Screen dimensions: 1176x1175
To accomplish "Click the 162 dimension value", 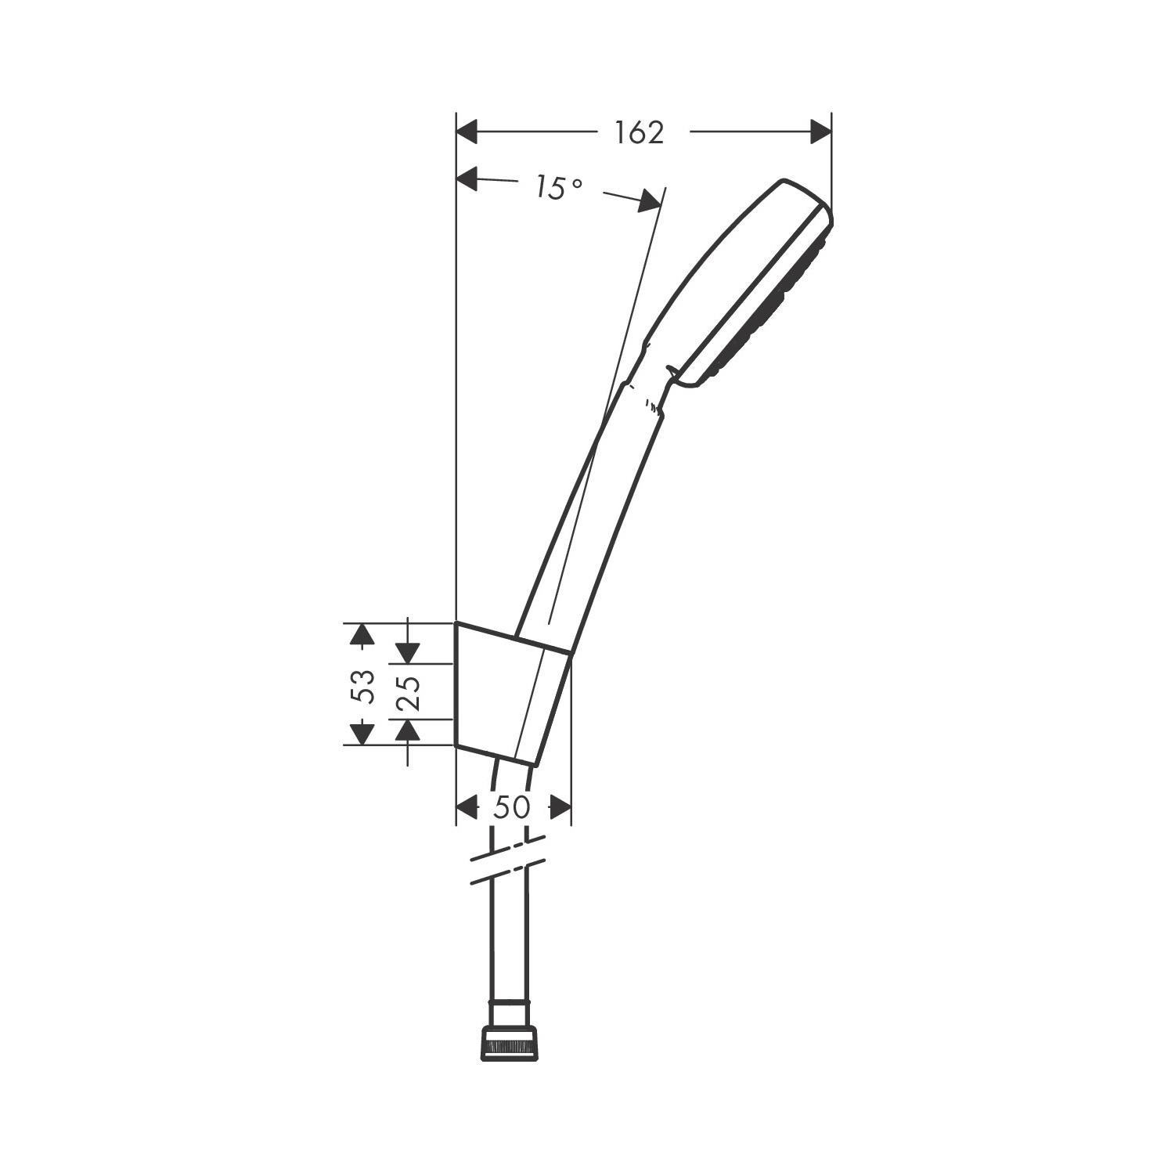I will [x=639, y=133].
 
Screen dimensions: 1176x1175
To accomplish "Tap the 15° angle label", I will [x=559, y=188].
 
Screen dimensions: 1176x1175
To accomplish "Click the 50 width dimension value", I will [x=512, y=807].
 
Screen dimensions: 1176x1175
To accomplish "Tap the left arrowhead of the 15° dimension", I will [x=467, y=179].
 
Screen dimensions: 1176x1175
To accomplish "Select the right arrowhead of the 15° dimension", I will [x=649, y=202].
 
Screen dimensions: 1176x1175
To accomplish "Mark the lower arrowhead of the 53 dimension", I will [x=361, y=734].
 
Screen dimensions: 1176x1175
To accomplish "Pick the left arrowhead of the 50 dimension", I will [x=467, y=807].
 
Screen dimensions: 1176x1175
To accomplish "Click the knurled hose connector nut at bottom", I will [x=510, y=1045].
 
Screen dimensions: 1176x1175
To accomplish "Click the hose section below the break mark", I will [x=509, y=940].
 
